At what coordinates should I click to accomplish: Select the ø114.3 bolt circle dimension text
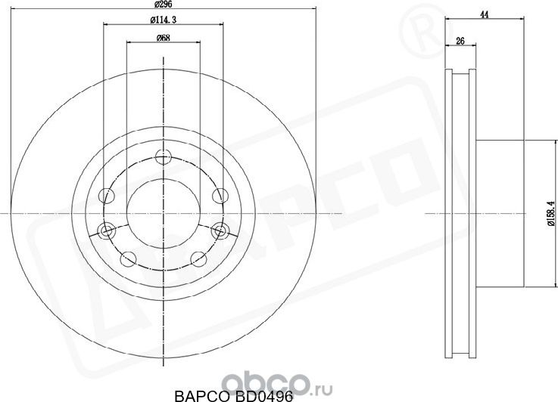click(x=163, y=19)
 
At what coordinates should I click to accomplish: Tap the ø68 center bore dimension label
click(x=163, y=38)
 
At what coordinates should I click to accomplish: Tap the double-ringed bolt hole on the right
click(x=220, y=229)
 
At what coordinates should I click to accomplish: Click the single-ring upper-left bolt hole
click(x=108, y=196)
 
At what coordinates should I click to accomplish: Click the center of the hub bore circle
click(x=163, y=215)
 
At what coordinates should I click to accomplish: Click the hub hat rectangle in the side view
click(x=500, y=215)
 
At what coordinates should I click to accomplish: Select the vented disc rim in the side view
click(x=460, y=215)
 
